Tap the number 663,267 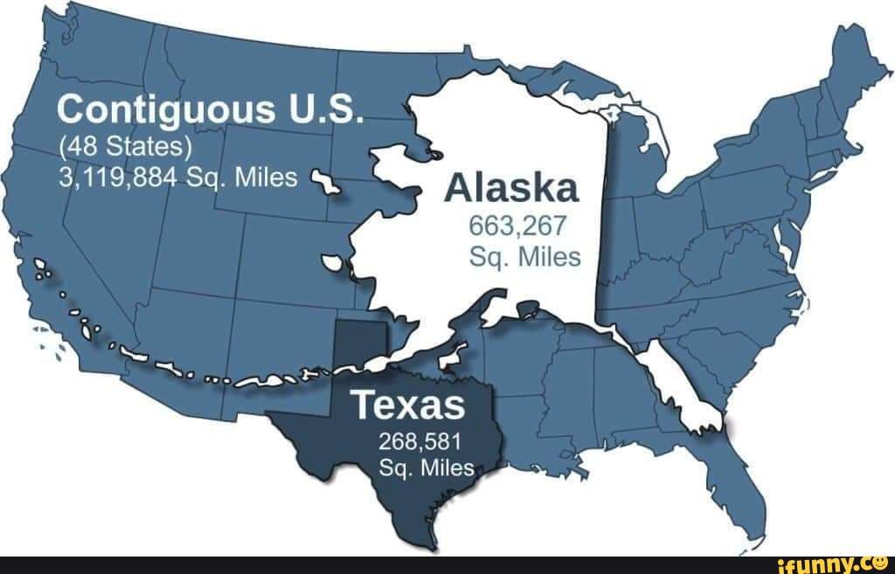[x=518, y=229]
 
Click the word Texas [x=407, y=405]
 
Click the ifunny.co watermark [x=836, y=564]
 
